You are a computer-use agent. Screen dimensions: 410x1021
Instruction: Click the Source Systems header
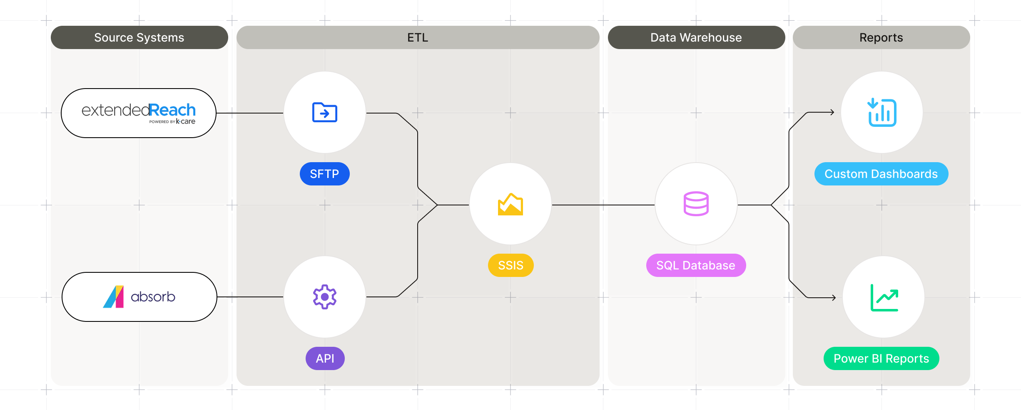click(x=139, y=37)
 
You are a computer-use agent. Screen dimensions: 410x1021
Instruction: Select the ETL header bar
click(x=418, y=37)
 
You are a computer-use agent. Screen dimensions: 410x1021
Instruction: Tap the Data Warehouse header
click(x=696, y=37)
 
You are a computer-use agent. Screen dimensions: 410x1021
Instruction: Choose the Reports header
click(x=881, y=37)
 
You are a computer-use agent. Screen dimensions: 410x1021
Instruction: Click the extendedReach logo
click(x=139, y=113)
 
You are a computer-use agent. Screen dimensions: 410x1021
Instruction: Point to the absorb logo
click(x=139, y=297)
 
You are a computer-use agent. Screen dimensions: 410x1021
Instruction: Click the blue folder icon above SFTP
click(x=325, y=112)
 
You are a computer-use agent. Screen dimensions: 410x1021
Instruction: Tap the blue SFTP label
click(x=325, y=174)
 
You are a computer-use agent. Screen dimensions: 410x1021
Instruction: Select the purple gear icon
click(x=325, y=297)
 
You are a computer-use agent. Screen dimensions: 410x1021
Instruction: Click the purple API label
click(x=325, y=358)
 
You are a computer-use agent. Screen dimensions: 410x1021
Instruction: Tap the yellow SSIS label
click(x=510, y=265)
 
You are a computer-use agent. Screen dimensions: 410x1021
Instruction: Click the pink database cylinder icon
click(x=696, y=204)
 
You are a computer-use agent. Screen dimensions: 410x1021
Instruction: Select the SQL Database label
click(x=696, y=265)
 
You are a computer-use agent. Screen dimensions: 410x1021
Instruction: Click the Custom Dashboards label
click(x=881, y=174)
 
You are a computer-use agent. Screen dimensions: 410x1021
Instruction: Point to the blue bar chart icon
click(x=882, y=112)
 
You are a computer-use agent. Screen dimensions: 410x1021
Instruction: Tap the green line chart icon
click(x=884, y=297)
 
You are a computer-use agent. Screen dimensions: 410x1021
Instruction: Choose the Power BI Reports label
click(x=881, y=358)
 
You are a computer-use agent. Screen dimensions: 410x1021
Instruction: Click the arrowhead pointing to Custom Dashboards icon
click(x=832, y=112)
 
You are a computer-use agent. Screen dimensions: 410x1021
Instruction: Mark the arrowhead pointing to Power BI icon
click(x=834, y=297)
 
